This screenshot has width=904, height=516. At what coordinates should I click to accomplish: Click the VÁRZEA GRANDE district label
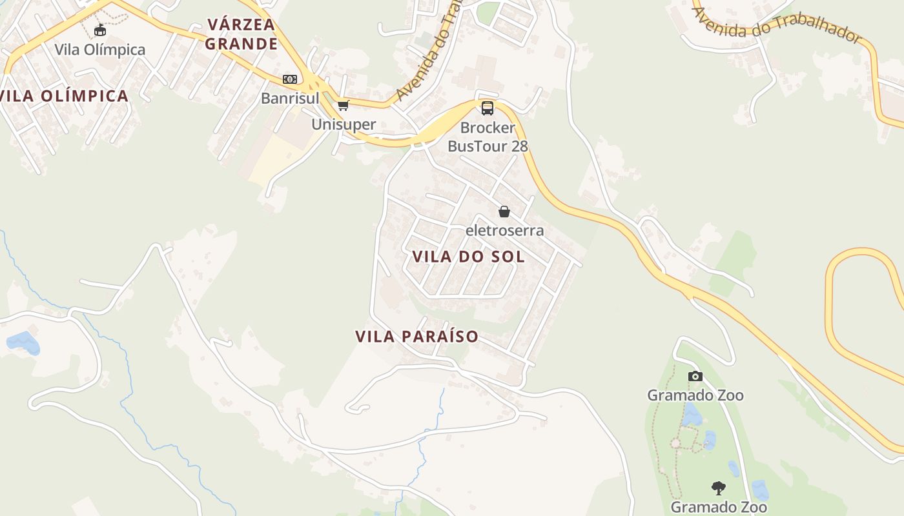[x=242, y=34]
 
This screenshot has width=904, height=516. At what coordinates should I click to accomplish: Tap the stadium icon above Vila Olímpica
[x=100, y=30]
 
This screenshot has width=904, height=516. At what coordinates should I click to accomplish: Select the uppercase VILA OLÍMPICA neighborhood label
[x=65, y=96]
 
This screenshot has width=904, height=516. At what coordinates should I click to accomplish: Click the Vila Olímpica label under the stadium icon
[x=100, y=50]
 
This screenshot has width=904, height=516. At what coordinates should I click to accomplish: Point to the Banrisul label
[x=290, y=99]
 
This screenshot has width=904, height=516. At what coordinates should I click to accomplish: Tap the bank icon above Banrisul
[x=290, y=79]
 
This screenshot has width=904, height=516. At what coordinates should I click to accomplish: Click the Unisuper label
[x=344, y=124]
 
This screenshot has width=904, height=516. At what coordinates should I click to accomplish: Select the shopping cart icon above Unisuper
[x=344, y=105]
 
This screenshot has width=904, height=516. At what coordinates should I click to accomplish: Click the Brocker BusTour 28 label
[x=488, y=137]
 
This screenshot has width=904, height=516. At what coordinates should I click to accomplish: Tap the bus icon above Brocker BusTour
[x=488, y=108]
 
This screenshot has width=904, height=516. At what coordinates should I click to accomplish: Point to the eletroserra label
[x=505, y=230]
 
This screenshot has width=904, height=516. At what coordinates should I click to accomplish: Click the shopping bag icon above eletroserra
[x=504, y=212]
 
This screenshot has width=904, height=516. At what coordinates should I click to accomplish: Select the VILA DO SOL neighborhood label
[x=468, y=257]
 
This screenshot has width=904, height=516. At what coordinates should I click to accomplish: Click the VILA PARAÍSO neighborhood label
[x=416, y=336]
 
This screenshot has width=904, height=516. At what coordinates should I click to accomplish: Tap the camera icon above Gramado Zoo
[x=695, y=376]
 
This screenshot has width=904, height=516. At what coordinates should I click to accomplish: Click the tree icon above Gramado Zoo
[x=718, y=488]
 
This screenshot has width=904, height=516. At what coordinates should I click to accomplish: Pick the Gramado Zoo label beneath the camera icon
[x=695, y=395]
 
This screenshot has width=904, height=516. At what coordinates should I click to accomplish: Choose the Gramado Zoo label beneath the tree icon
[x=719, y=507]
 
